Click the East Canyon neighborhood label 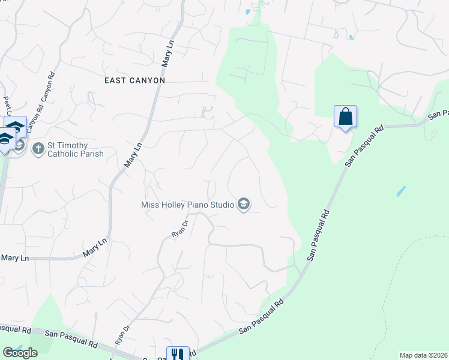(134, 80)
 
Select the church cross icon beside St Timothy (38, 148)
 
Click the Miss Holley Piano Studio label (187, 205)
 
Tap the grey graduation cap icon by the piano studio (243, 205)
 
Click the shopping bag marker (345, 116)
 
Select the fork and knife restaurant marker (177, 354)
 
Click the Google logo (20, 353)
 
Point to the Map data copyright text (424, 355)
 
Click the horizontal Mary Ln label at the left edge (14, 258)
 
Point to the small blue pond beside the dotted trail (400, 192)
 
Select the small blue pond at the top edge (247, 11)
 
